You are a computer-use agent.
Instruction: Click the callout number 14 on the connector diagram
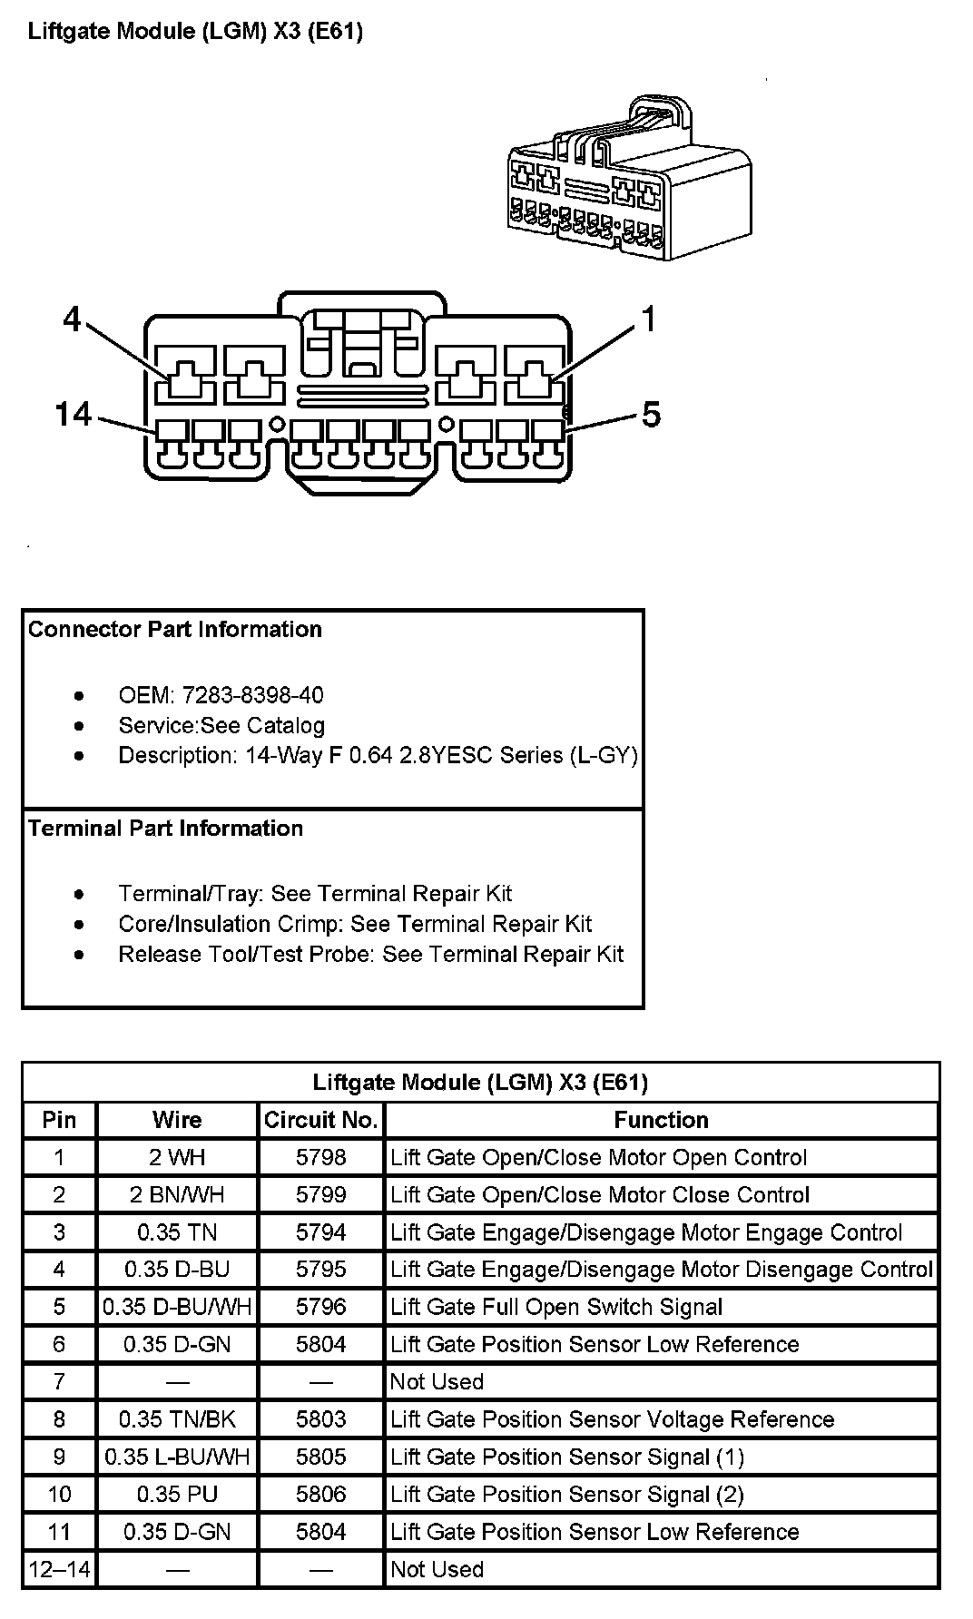click(x=74, y=415)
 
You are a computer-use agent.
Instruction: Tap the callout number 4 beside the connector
click(x=73, y=319)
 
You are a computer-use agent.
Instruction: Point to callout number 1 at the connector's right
click(x=649, y=319)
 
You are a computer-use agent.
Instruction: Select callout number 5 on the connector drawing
click(x=651, y=415)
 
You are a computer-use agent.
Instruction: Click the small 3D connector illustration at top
click(x=628, y=182)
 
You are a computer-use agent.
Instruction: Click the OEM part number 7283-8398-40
click(x=252, y=695)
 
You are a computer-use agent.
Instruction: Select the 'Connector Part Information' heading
click(x=175, y=630)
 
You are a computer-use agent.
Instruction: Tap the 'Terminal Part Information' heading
click(x=166, y=829)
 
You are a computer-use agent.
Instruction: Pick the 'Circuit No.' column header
click(x=320, y=1120)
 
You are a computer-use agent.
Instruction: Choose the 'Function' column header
click(x=661, y=1120)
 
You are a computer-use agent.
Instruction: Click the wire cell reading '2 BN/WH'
click(x=177, y=1194)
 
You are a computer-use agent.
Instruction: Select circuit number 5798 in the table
click(x=320, y=1157)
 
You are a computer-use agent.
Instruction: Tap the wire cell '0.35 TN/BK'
click(x=177, y=1418)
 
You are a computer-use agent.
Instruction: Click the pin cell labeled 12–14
click(x=60, y=1569)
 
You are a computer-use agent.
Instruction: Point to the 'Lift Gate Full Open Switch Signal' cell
click(x=556, y=1307)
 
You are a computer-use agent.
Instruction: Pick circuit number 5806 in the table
click(x=320, y=1494)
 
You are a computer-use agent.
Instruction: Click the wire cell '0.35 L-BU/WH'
click(x=177, y=1457)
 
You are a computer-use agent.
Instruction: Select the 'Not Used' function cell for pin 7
click(x=437, y=1381)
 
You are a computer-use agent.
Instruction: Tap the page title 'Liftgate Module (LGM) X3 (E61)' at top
click(x=195, y=32)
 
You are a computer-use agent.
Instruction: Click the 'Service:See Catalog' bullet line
click(x=221, y=725)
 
